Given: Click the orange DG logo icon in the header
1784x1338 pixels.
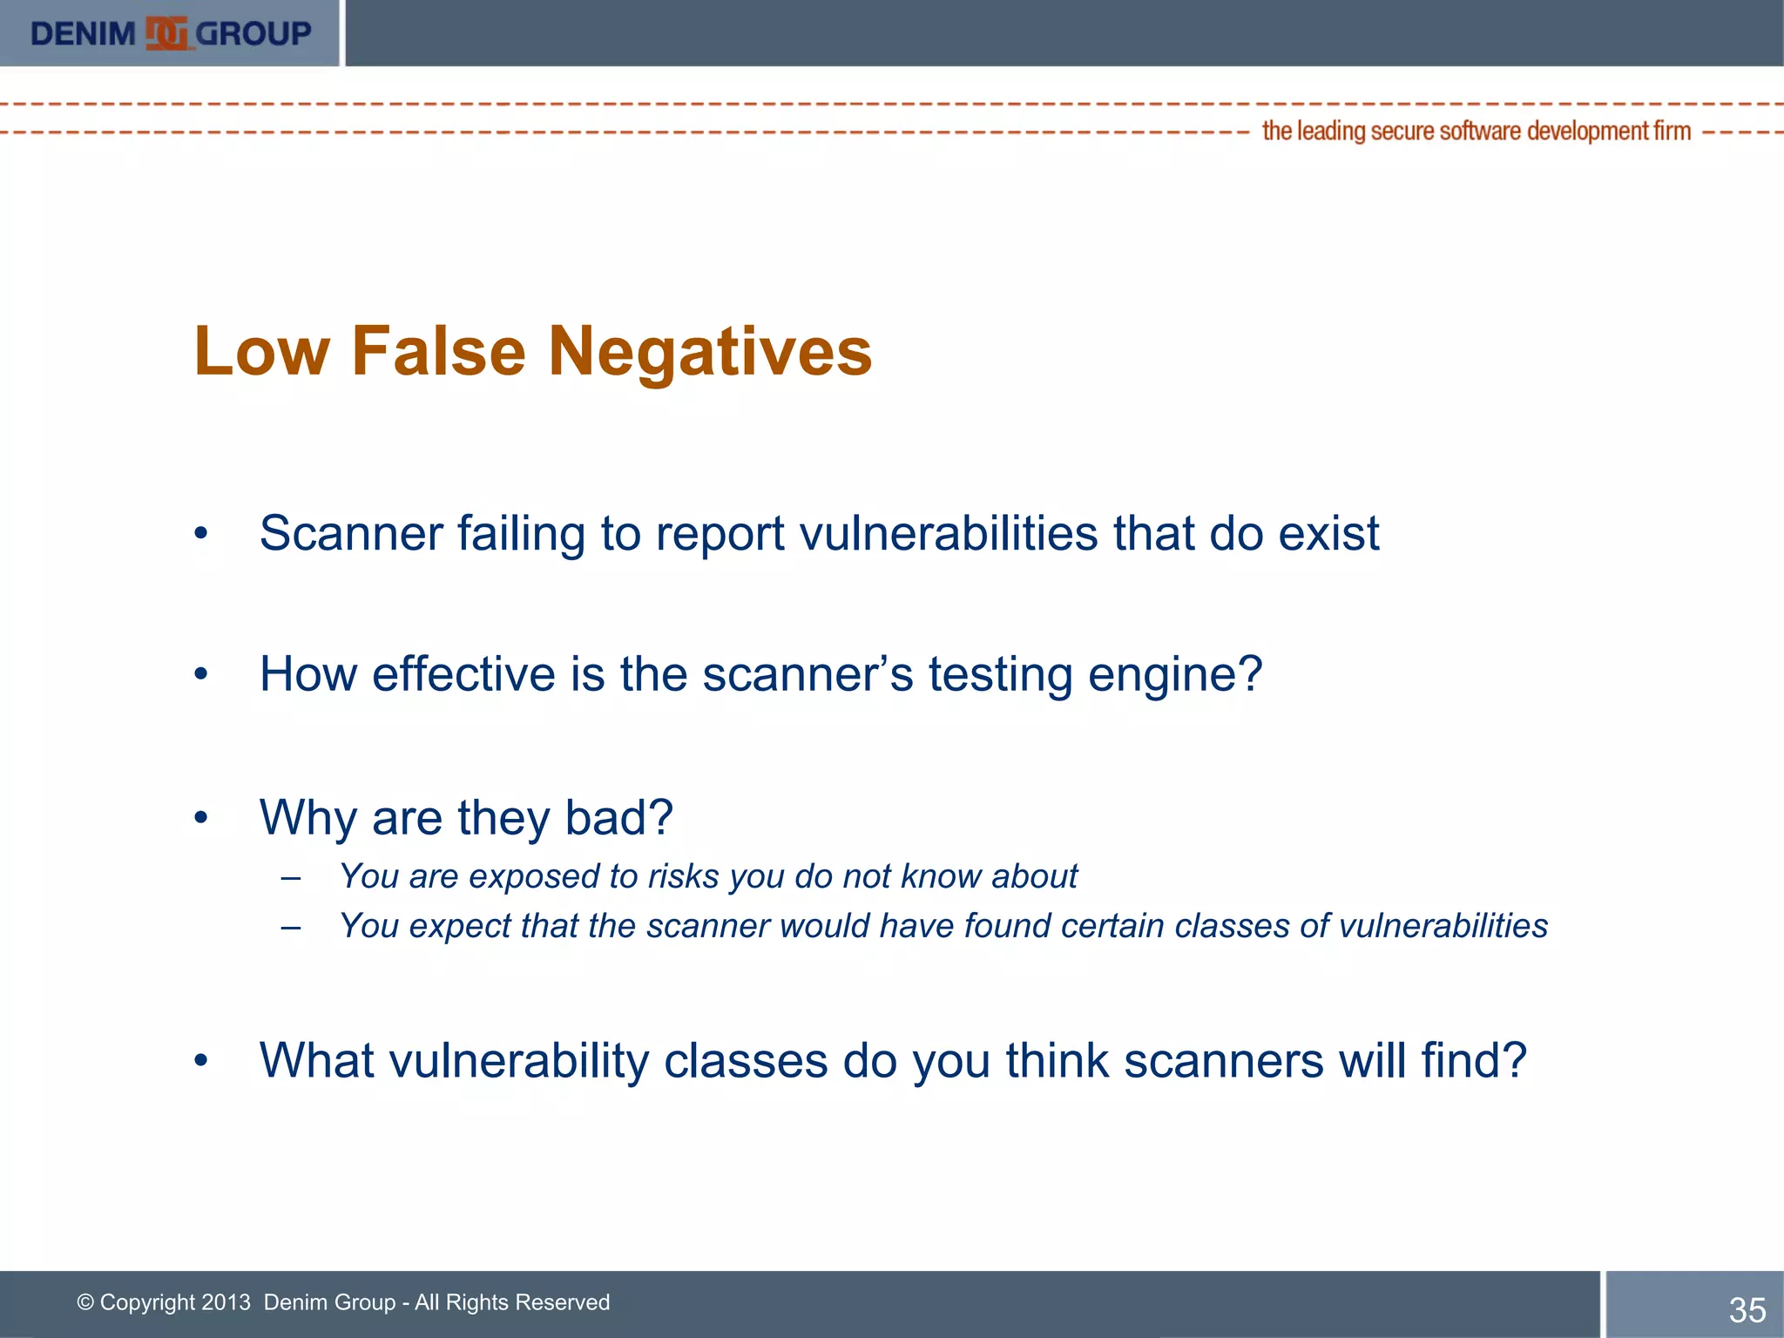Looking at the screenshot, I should coord(166,34).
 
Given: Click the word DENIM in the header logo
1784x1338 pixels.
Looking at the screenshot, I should coord(83,34).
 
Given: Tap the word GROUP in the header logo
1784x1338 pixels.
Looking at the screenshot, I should coord(253,34).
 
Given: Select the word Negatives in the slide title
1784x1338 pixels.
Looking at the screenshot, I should coord(710,352).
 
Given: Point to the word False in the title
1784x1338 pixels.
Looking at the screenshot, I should coord(439,352).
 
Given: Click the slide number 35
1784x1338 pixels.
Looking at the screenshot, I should coord(1747,1310).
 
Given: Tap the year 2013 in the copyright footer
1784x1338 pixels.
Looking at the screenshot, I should coord(226,1302).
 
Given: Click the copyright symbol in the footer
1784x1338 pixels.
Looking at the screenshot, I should coord(85,1302).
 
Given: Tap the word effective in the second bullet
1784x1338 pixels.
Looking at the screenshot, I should coord(463,674).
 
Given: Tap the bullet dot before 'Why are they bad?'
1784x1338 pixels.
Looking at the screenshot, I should coord(201,818).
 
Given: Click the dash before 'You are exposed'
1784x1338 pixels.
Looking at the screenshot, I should coord(291,877).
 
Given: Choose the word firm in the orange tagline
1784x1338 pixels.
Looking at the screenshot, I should coord(1672,131).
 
